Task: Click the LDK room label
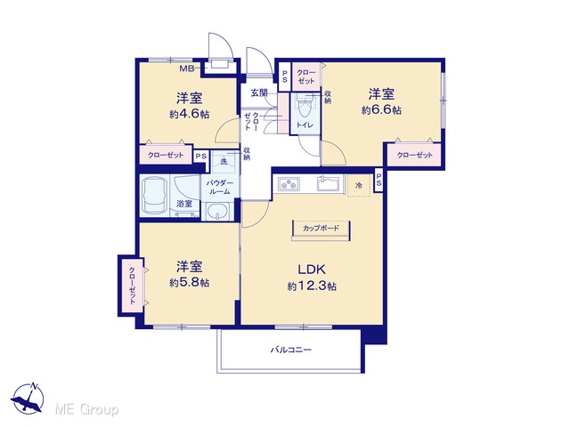coord(312,270)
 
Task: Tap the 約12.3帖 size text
coord(312,286)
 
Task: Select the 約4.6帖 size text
coord(189,114)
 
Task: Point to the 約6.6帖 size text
coord(381,109)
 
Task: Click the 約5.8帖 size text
coord(189,282)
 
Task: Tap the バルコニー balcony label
coord(291,350)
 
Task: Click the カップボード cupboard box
coord(321,229)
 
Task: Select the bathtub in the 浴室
coord(155,196)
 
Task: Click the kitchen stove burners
coord(289,183)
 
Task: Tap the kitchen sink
coord(329,183)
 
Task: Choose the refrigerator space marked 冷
coord(359,186)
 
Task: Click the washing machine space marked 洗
coord(224,161)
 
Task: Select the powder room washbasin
coord(217,212)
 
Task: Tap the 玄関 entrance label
coord(259,93)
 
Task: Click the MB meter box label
coord(187,68)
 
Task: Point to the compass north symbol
coord(28,398)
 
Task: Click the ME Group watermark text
coord(86,409)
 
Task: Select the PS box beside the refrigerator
coord(379,180)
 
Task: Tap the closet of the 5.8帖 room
coord(131,286)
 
